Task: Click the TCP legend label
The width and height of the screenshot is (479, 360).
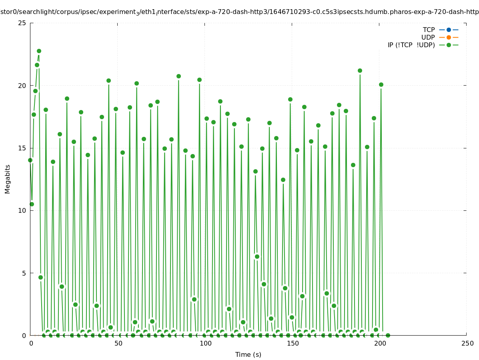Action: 429,30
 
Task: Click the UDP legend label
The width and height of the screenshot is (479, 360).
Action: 428,37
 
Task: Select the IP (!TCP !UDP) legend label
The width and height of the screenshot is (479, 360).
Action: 411,45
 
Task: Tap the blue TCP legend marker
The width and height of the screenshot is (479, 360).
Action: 449,30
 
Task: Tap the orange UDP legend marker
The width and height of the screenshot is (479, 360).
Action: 449,37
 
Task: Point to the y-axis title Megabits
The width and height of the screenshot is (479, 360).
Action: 8,179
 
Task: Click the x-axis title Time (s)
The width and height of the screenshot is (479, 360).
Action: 248,354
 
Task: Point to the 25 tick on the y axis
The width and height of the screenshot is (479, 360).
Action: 22,23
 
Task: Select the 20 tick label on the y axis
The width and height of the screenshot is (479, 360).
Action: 22,86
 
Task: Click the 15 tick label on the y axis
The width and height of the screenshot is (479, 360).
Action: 22,148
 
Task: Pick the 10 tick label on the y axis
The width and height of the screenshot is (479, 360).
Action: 22,210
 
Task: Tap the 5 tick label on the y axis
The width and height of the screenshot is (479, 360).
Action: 24,273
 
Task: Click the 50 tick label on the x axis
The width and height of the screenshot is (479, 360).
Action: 118,344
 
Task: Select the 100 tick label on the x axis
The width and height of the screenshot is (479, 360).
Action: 205,344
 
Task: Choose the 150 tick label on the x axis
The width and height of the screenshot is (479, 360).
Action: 292,344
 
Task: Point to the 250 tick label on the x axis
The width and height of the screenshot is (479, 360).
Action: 467,344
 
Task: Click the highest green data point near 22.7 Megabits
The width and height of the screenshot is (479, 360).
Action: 39,51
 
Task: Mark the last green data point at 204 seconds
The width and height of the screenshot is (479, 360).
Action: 387,335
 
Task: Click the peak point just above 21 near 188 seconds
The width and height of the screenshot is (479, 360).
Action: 360,70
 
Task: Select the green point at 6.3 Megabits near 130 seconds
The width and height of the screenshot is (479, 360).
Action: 257,256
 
